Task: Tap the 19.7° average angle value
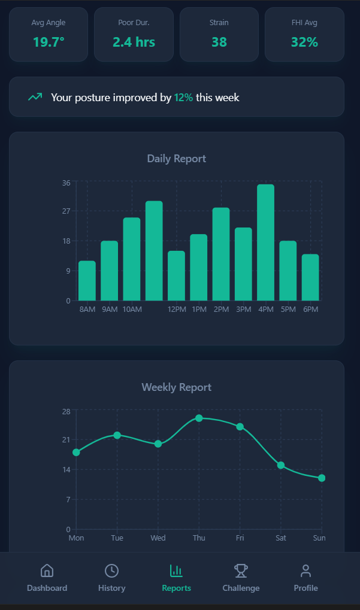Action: [49, 42]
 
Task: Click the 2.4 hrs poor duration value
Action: [134, 42]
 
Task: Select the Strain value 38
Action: [219, 42]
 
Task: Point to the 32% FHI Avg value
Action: [304, 42]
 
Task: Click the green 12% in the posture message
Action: [183, 97]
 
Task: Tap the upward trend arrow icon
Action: [35, 97]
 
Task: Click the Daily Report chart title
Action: [177, 159]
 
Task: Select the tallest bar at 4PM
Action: [266, 242]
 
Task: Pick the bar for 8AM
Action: [87, 281]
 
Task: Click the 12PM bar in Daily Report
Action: [176, 276]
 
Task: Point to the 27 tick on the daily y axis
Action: [66, 211]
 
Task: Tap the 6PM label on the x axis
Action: [310, 309]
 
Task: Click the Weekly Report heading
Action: [177, 387]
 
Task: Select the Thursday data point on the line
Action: [199, 418]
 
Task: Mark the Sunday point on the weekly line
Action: [322, 478]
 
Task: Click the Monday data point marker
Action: [76, 453]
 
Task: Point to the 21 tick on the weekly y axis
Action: [66, 439]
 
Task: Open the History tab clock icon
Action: [111, 570]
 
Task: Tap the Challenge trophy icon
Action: [241, 570]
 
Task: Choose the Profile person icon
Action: [306, 570]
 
